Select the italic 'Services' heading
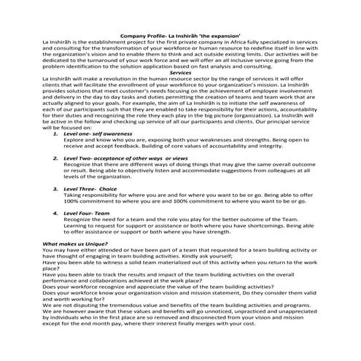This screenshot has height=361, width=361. click(x=179, y=73)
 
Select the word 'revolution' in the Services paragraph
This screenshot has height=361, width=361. click(x=117, y=79)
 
